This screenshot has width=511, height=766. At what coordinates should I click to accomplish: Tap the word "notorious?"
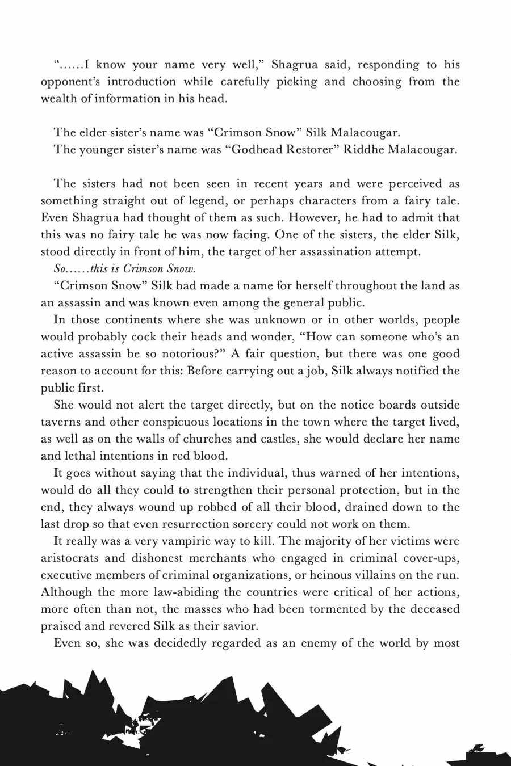click(x=185, y=354)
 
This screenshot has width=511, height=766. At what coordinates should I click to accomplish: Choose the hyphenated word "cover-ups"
click(x=432, y=558)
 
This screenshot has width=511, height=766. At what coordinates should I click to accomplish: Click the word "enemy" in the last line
click(x=317, y=643)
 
